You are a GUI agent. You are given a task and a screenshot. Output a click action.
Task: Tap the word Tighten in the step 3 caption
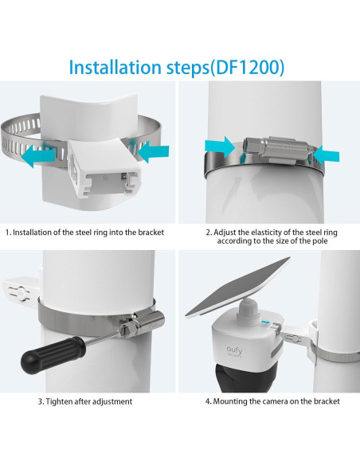pos(61,402)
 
